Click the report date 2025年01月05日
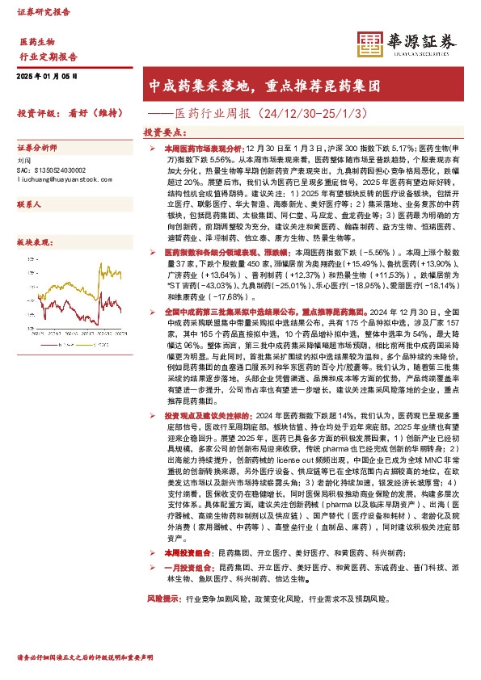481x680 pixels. tap(47, 77)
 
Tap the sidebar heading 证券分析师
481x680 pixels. tap(38, 148)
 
